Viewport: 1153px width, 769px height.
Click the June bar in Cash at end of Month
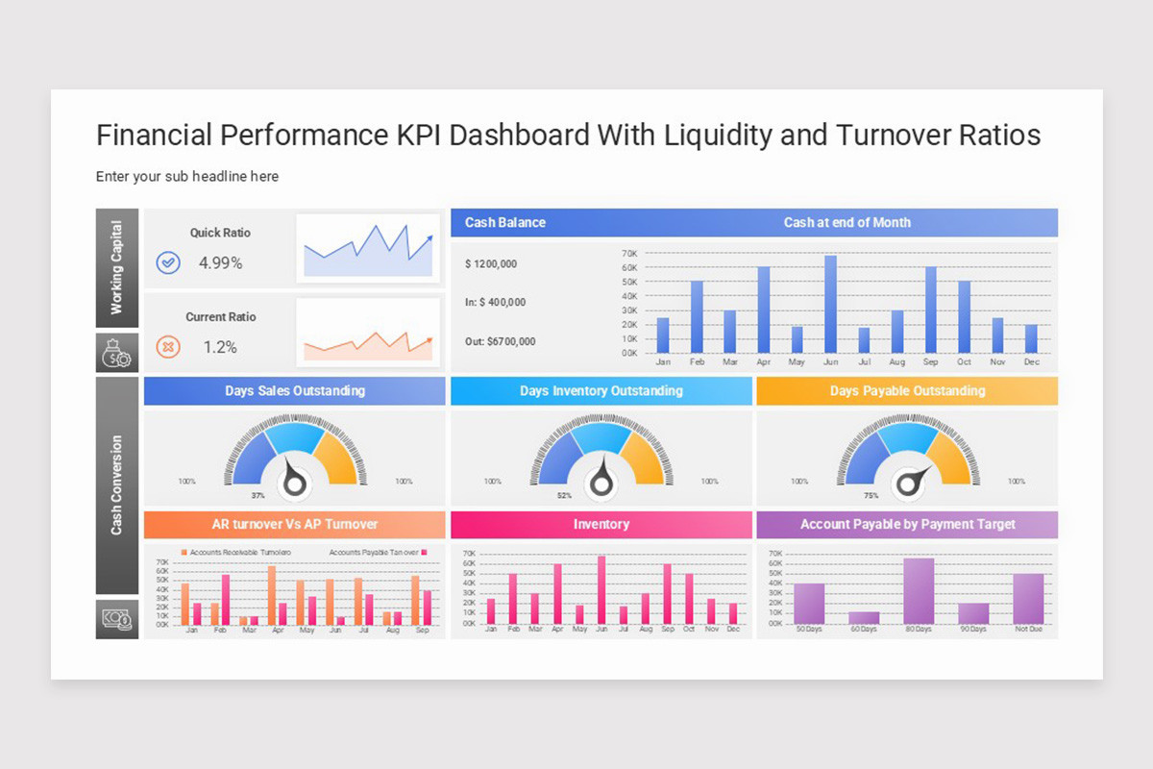point(830,305)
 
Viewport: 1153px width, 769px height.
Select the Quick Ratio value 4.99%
point(220,262)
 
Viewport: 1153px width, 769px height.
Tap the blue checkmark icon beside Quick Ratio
point(168,262)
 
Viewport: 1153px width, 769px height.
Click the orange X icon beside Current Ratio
point(168,347)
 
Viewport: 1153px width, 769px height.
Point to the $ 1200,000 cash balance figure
point(491,264)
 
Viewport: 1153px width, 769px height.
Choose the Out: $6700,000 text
point(500,341)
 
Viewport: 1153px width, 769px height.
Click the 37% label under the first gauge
point(258,496)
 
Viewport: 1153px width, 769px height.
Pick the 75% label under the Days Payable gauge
point(871,496)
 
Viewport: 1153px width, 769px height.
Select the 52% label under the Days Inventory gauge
point(564,496)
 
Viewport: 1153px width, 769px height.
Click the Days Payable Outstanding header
point(907,391)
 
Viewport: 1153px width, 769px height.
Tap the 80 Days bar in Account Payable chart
point(919,591)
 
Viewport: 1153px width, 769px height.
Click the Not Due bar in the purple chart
point(1028,599)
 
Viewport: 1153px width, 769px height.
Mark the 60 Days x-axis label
point(864,630)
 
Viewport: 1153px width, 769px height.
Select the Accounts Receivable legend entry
point(235,553)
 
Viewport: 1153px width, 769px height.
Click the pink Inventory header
point(601,525)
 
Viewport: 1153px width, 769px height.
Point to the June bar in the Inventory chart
point(601,590)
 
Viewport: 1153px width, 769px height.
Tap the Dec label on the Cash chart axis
point(1031,362)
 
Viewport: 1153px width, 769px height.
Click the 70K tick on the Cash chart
point(629,254)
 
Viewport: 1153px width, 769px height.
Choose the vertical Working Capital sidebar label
point(117,268)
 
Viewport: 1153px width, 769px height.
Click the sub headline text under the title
point(187,177)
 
